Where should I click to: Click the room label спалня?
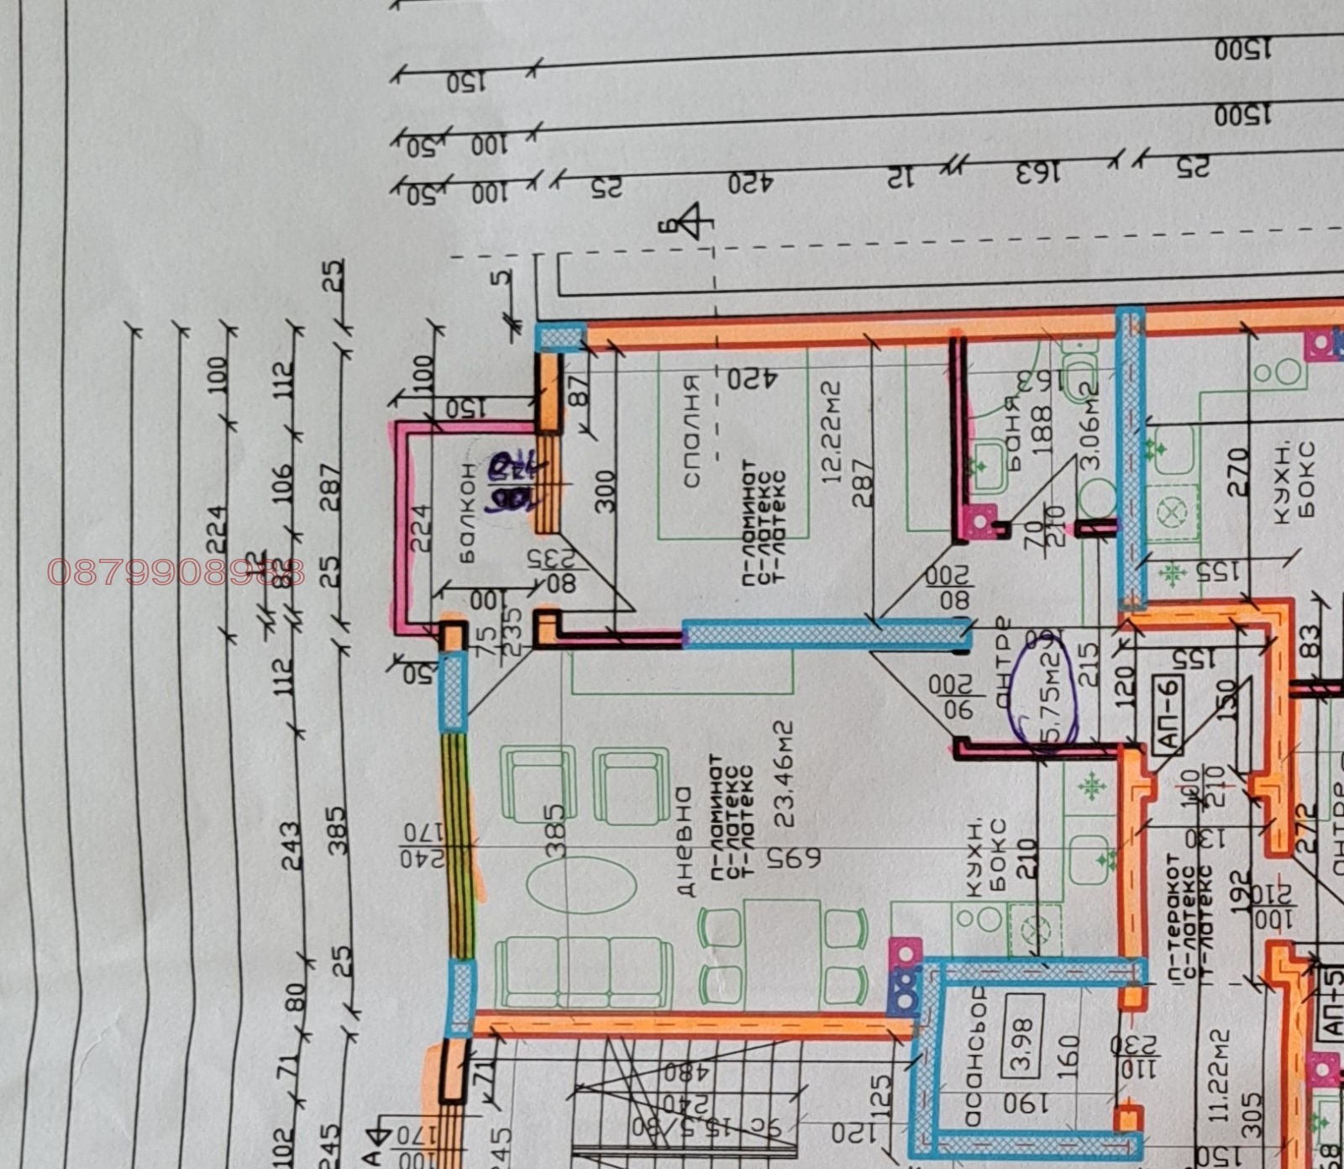point(691,430)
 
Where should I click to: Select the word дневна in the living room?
point(685,842)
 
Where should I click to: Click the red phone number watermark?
point(176,572)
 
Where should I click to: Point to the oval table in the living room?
point(581,883)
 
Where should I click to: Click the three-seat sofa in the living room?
point(584,973)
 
